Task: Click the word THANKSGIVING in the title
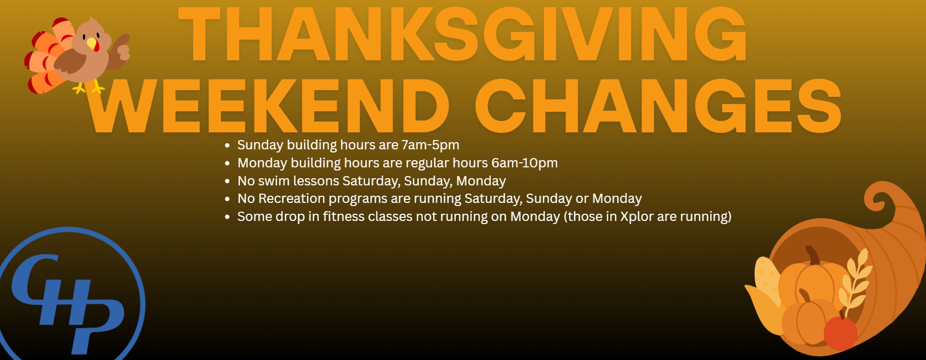tap(462, 35)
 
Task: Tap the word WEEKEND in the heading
tap(268, 106)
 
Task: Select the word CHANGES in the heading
tap(658, 106)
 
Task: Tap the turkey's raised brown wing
tap(122, 49)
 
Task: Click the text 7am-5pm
tap(430, 145)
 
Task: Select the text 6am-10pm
tap(524, 163)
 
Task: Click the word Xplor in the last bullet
tap(637, 217)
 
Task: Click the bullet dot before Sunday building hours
tap(227, 146)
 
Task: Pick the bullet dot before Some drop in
tap(227, 217)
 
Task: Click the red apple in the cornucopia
tap(841, 332)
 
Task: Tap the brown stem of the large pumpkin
tap(813, 255)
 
